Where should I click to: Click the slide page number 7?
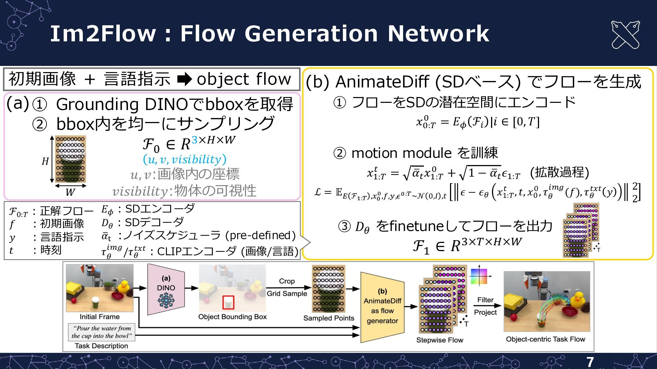pos(590,362)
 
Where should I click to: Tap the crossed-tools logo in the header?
pos(625,35)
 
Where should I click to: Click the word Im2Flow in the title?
pos(103,33)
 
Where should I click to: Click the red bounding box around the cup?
pos(228,303)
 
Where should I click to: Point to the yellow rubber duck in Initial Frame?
pos(123,287)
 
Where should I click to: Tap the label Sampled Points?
pos(328,318)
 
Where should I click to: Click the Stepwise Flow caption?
pos(439,340)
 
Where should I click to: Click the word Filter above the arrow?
pos(485,300)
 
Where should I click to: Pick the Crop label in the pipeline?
pos(286,281)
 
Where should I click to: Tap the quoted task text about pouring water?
pos(101,332)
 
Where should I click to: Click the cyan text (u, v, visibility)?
pos(184,159)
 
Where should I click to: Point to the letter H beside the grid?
pos(45,161)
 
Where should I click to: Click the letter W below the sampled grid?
pos(70,192)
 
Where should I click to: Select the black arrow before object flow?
pos(185,79)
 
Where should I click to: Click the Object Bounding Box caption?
pos(232,317)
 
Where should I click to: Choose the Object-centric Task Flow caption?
pos(545,339)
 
